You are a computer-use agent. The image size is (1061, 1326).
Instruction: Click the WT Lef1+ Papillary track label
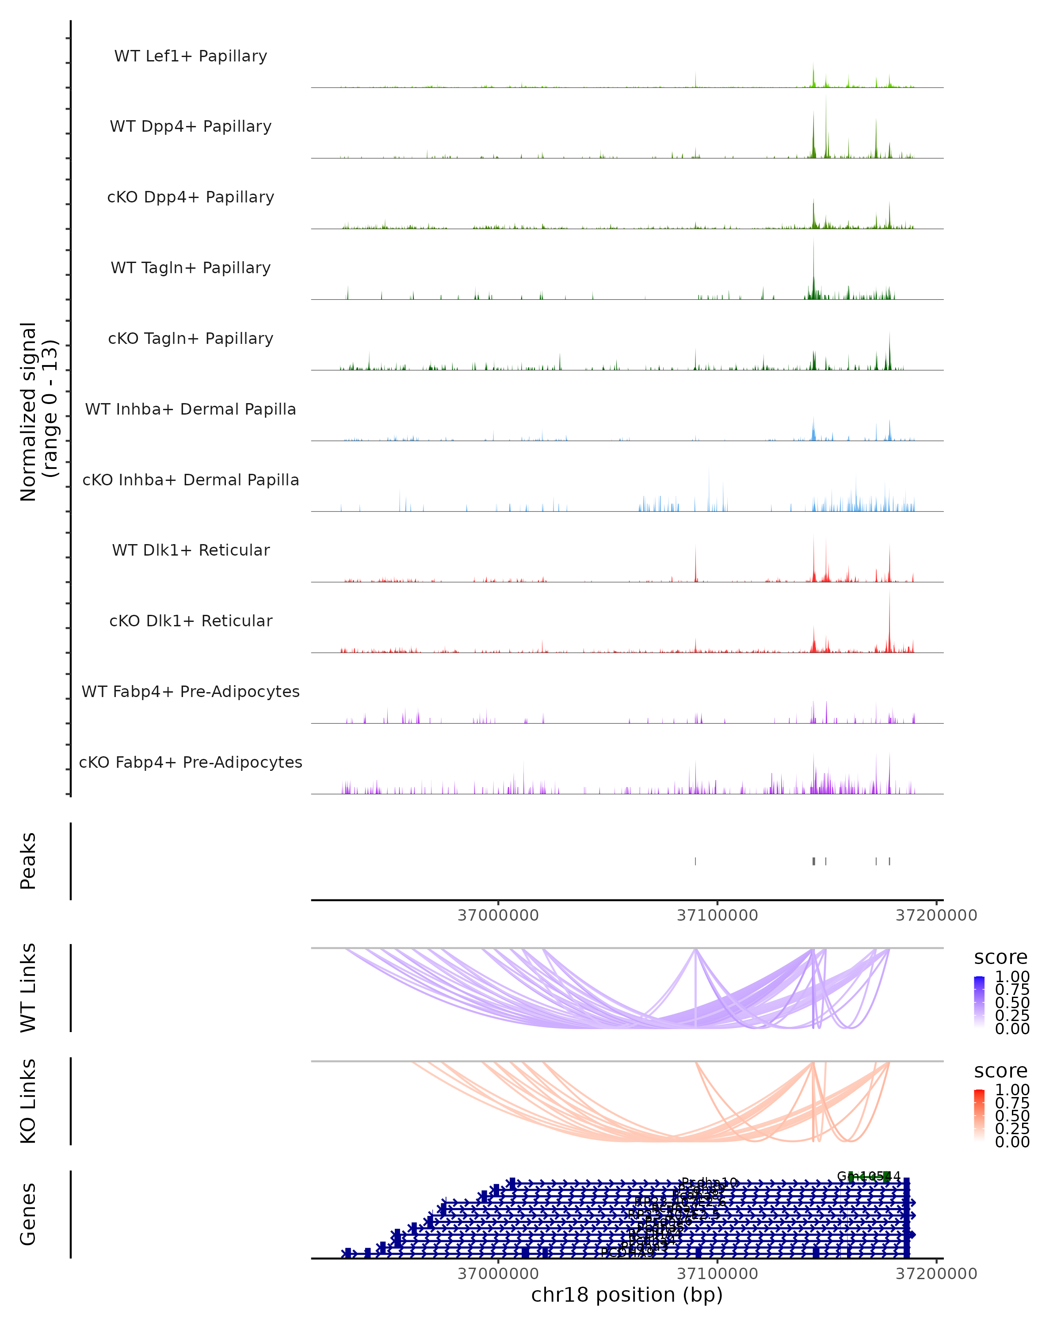pyautogui.click(x=191, y=56)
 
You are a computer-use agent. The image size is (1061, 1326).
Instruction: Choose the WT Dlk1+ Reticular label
pyautogui.click(x=191, y=550)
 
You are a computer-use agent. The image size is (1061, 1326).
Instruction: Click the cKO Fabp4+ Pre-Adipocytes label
pyautogui.click(x=191, y=762)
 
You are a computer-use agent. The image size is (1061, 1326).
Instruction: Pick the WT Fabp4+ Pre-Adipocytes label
pyautogui.click(x=191, y=691)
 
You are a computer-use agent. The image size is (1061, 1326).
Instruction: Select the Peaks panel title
pyautogui.click(x=28, y=861)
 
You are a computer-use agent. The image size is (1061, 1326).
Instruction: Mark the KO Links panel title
pyautogui.click(x=28, y=1101)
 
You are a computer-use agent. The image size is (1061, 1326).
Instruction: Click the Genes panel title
pyautogui.click(x=28, y=1214)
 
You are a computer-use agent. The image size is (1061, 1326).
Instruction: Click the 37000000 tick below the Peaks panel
pyautogui.click(x=498, y=915)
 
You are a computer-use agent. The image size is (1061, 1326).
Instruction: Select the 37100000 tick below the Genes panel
pyautogui.click(x=717, y=1274)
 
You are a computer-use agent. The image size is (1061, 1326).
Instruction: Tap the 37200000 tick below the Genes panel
pyautogui.click(x=936, y=1274)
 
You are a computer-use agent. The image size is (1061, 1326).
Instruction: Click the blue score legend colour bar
pyautogui.click(x=979, y=1002)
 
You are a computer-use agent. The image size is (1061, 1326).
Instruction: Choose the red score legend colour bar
pyautogui.click(x=979, y=1115)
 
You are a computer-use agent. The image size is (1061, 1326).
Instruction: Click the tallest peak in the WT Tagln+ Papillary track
pyautogui.click(x=813, y=241)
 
